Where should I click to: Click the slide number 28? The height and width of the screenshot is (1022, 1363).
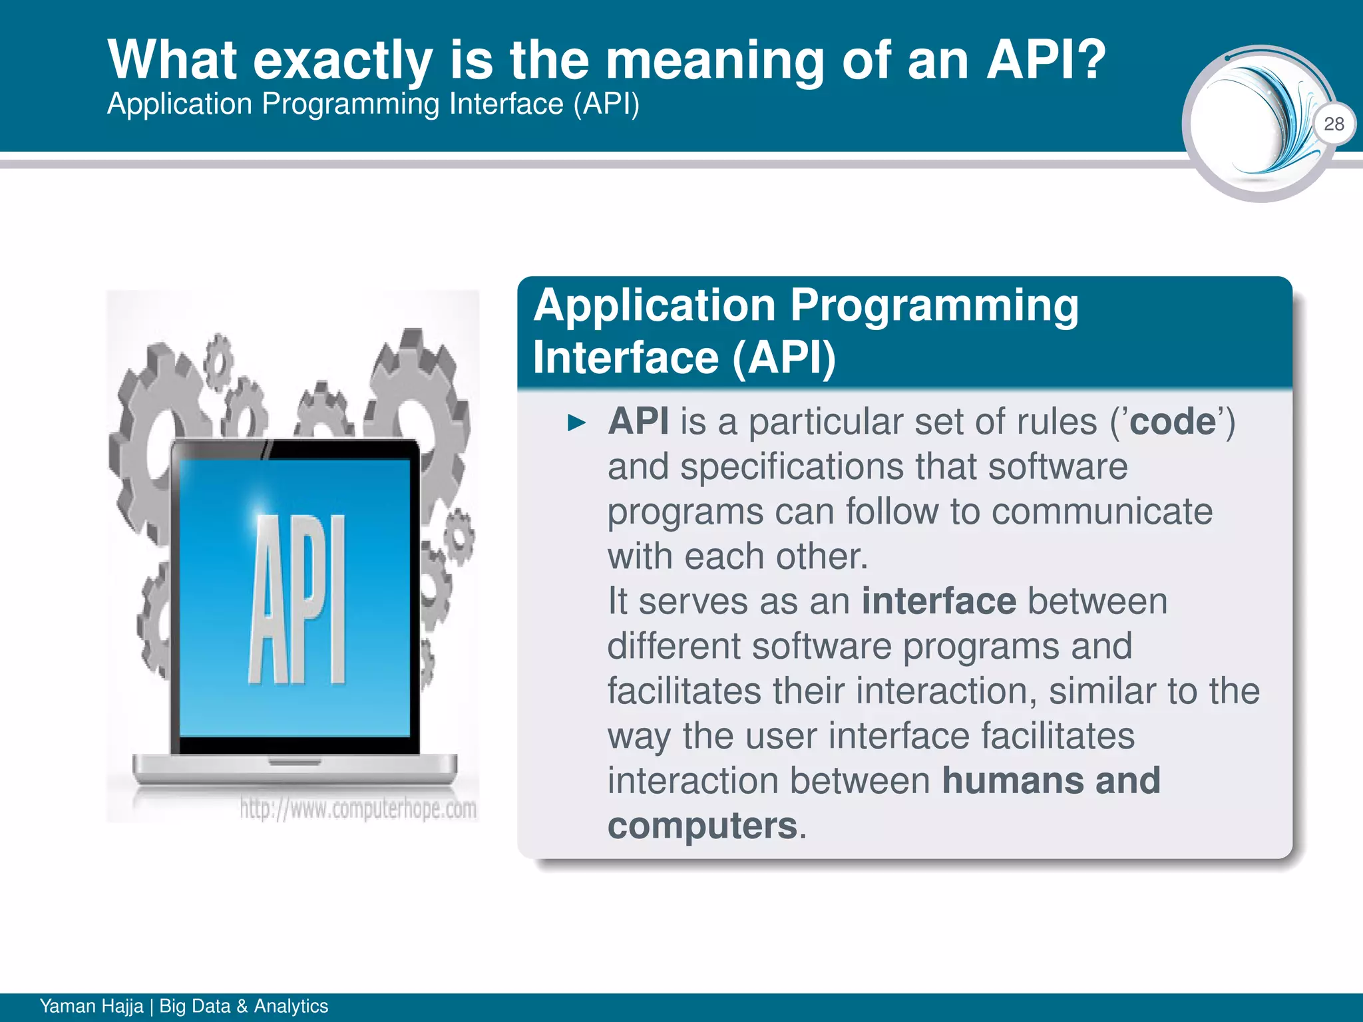[x=1334, y=124]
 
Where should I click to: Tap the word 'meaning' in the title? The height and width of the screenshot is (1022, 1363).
[x=715, y=61]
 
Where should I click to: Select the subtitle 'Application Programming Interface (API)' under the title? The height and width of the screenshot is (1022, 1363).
[x=373, y=104]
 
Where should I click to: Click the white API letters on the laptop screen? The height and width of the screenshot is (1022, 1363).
[x=297, y=599]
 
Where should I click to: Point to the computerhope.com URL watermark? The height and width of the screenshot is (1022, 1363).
[x=358, y=809]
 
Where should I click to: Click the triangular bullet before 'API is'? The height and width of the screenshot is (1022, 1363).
[x=576, y=423]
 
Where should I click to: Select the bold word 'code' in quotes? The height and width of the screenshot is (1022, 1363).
[x=1173, y=422]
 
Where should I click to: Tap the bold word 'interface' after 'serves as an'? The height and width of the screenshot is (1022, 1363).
[x=938, y=601]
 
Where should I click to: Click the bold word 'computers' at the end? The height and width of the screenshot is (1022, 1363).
[x=702, y=826]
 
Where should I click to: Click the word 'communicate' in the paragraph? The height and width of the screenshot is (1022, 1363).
[x=1101, y=512]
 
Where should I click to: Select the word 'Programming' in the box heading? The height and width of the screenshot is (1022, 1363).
[x=934, y=306]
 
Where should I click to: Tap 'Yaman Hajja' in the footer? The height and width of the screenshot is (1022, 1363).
[x=91, y=1006]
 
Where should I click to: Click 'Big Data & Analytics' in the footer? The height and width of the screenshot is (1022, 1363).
[x=244, y=1006]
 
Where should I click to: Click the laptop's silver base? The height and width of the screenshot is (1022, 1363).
[x=295, y=768]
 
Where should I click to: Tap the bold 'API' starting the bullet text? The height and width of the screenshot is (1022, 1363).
[x=638, y=422]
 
